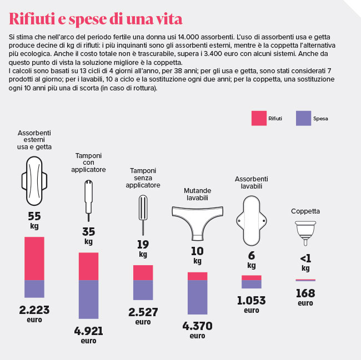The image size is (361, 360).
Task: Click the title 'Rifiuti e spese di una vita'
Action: (x=96, y=19)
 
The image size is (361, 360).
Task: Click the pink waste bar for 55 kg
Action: (x=34, y=258)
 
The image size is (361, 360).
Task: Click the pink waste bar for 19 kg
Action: (x=143, y=272)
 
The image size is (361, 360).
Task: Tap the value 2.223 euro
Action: (x=34, y=309)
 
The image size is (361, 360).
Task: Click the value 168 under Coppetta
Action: (x=305, y=293)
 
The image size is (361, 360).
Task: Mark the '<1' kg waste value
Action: (x=305, y=258)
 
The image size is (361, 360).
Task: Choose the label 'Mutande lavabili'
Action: (x=198, y=194)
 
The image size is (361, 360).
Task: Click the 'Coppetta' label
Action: (x=305, y=211)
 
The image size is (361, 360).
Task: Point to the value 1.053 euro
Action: (x=251, y=301)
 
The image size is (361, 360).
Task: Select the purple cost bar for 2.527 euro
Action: (x=143, y=290)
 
